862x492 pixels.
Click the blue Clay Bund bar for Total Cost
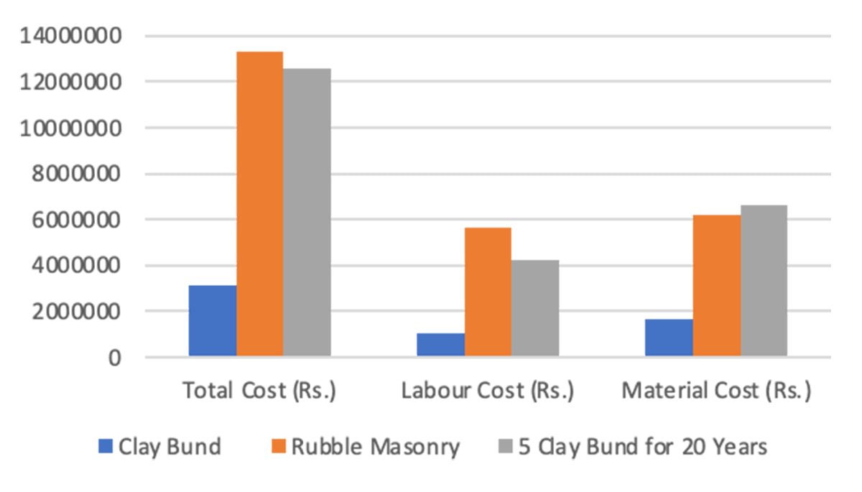pyautogui.click(x=212, y=321)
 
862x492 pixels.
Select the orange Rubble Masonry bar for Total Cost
pyautogui.click(x=259, y=204)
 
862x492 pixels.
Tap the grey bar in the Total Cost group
pyautogui.click(x=307, y=213)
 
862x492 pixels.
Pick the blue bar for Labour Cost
pyautogui.click(x=440, y=345)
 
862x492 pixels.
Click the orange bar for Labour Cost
pyautogui.click(x=488, y=292)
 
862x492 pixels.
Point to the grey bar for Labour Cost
pyautogui.click(x=535, y=308)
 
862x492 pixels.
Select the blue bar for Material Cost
pyautogui.click(x=669, y=338)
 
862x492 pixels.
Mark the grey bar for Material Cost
pyautogui.click(x=764, y=281)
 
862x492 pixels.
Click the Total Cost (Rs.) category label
pyautogui.click(x=259, y=391)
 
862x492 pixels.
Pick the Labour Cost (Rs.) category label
pyautogui.click(x=488, y=391)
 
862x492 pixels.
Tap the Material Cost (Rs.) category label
pyautogui.click(x=716, y=391)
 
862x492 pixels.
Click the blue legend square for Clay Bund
pyautogui.click(x=106, y=447)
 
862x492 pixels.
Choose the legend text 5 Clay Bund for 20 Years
pyautogui.click(x=643, y=447)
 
